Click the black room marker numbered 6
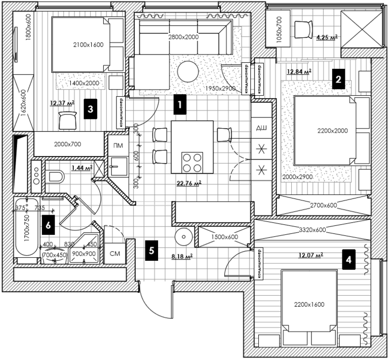click(x=49, y=225)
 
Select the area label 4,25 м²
click(x=327, y=37)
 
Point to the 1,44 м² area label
click(x=82, y=167)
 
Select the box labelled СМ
click(x=114, y=253)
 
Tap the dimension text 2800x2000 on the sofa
click(x=183, y=37)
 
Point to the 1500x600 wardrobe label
click(x=224, y=237)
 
